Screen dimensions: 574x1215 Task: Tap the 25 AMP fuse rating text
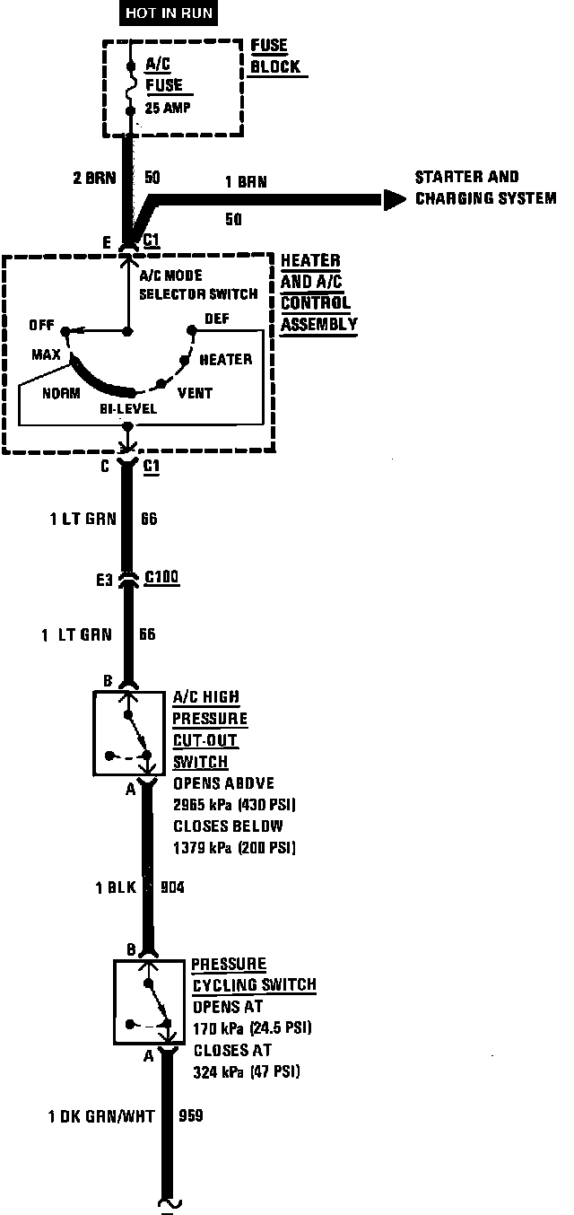tap(167, 108)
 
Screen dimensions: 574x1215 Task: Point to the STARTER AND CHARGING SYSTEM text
tap(484, 188)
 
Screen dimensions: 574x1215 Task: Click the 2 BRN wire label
tap(94, 178)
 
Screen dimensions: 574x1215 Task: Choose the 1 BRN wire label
tap(245, 182)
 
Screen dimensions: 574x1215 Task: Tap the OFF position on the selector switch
tap(41, 324)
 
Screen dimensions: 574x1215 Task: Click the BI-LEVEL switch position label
tap(128, 409)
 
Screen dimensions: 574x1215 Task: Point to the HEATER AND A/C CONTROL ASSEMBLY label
tap(318, 293)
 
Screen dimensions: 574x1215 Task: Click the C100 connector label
tap(161, 580)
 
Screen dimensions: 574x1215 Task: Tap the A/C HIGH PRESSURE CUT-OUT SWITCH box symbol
tap(128, 732)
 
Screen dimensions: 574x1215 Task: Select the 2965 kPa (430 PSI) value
tap(233, 804)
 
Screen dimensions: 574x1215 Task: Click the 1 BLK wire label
tap(116, 888)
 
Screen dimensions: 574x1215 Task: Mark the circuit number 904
tap(172, 888)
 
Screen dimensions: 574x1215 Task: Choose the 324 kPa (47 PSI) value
tap(247, 1071)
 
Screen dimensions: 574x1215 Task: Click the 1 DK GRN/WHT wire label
tap(101, 1117)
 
